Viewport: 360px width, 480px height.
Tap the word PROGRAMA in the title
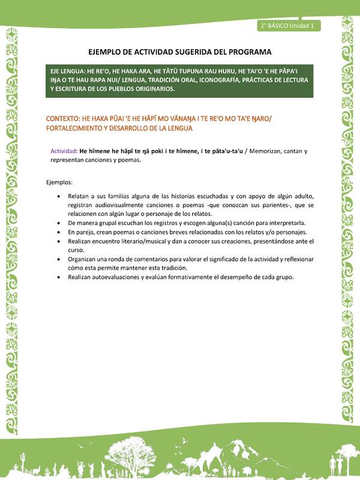(247, 52)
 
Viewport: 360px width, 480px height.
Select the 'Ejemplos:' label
(59, 181)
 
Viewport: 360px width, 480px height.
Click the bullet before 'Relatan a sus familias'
(58, 196)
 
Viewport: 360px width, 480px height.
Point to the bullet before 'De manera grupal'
(58, 222)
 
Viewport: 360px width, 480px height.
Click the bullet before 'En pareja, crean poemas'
(58, 231)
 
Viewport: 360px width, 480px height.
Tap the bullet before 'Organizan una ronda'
(58, 259)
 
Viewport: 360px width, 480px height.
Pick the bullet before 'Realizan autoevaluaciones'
(58, 277)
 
